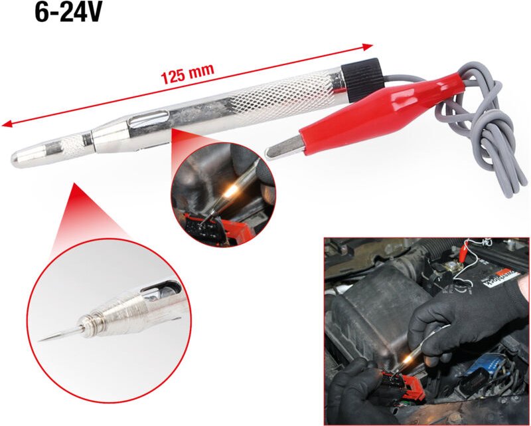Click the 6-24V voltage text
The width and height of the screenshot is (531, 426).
pos(68,13)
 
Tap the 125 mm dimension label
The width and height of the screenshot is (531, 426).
pos(187,74)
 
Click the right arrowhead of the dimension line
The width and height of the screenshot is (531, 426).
pos(368,47)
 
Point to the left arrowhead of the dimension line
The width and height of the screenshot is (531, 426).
pos(7,124)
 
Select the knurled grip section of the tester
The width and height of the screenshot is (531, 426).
pos(281,96)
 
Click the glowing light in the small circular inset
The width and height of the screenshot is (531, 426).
pos(231,191)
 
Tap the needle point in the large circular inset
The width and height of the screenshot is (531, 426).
pos(58,335)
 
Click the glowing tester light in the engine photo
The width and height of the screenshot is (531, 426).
pos(408,358)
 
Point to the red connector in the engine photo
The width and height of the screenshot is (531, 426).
pos(402,385)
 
